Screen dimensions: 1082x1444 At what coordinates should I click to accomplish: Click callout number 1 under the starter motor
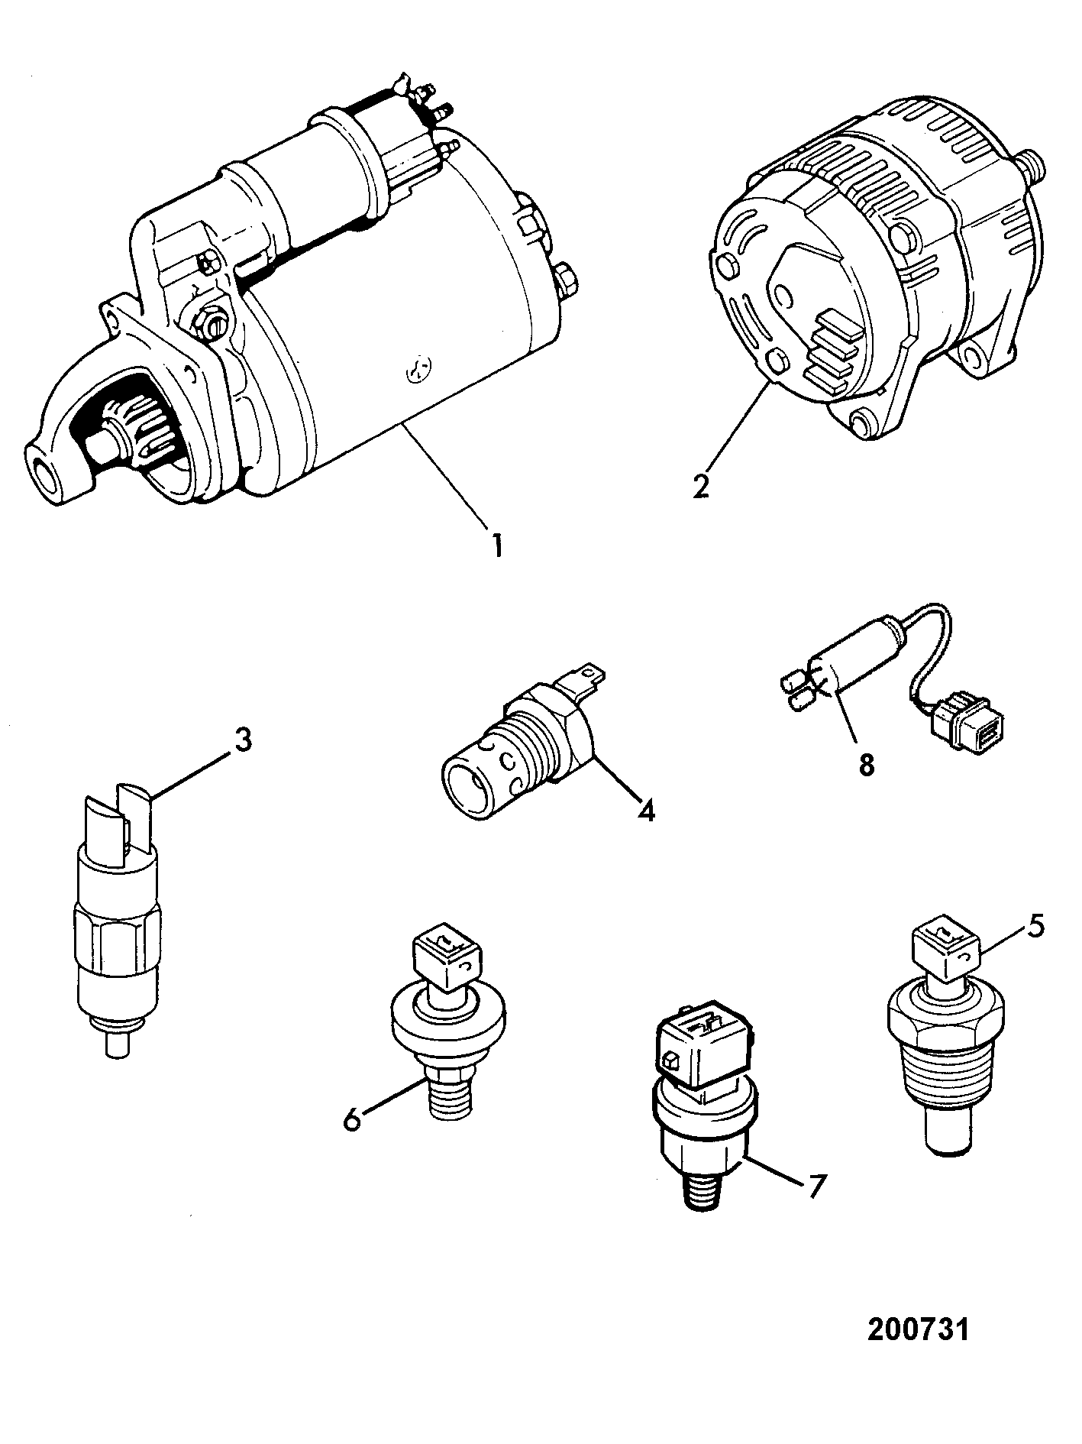coord(497,546)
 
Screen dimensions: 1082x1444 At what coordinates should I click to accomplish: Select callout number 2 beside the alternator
coord(701,486)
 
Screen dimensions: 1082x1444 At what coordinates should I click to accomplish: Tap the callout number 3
coord(242,741)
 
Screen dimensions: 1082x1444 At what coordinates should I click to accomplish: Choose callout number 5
coord(1035,926)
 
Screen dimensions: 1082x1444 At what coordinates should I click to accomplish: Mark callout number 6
coord(352,1121)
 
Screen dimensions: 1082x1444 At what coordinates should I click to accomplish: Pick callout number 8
coord(866,765)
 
